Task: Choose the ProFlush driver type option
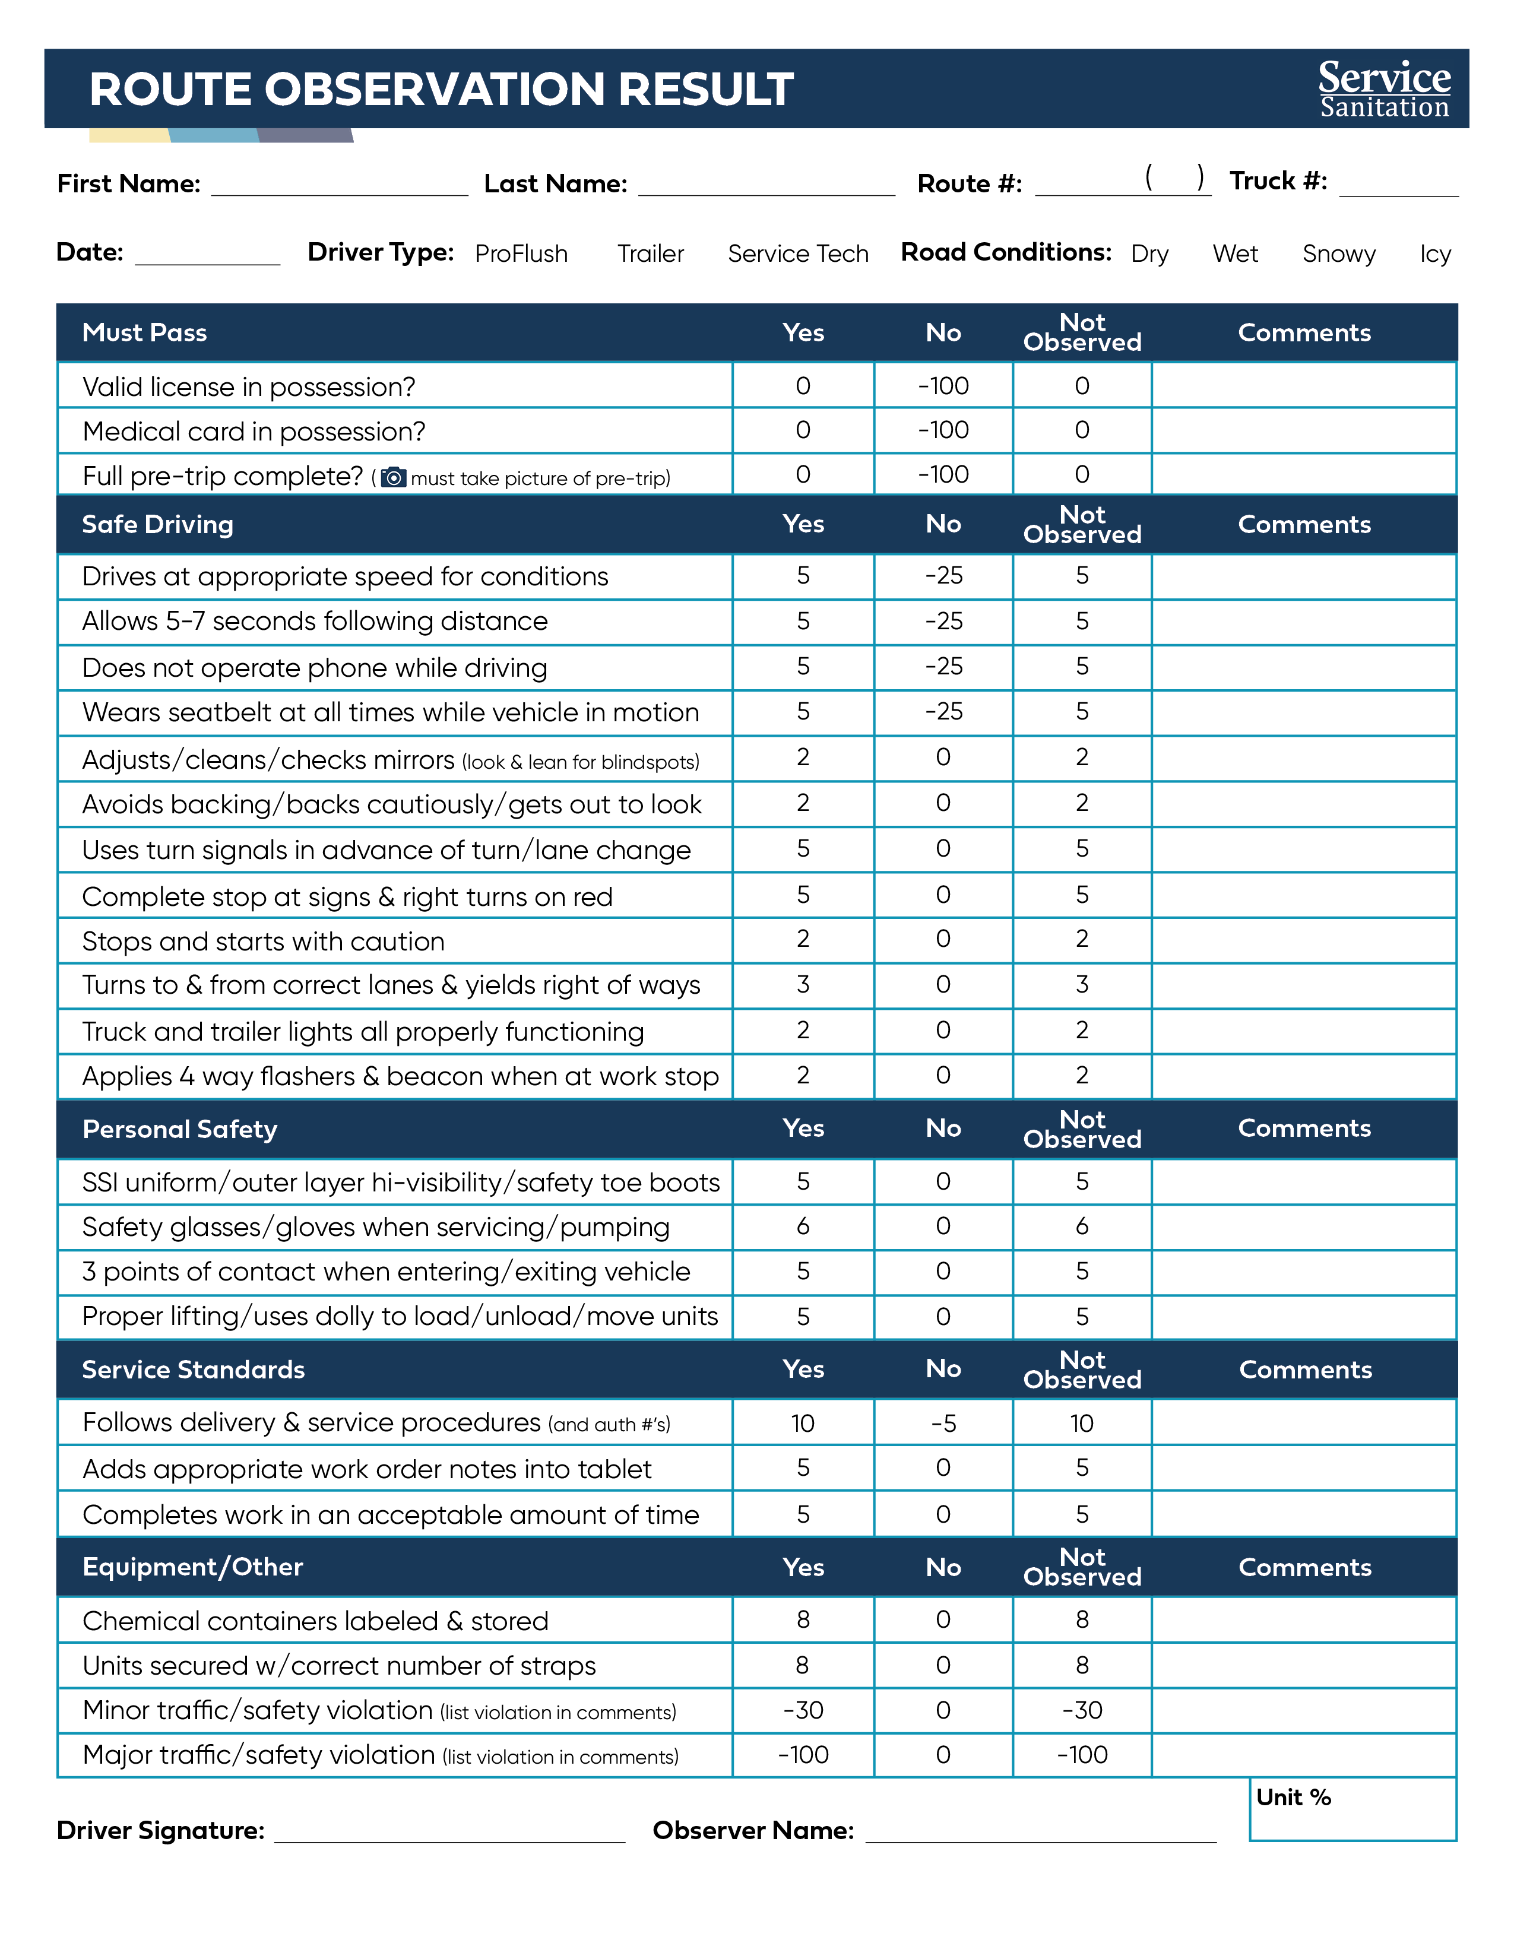[521, 254]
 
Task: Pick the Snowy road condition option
[1338, 254]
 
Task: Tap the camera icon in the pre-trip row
[393, 477]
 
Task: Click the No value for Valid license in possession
[943, 386]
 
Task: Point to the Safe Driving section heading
[158, 525]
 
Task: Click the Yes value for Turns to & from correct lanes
[803, 985]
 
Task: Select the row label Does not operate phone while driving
[314, 668]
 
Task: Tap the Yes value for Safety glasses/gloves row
[803, 1226]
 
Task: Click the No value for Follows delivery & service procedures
[943, 1424]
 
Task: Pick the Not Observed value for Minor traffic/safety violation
[1082, 1710]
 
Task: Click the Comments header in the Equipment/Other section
[1304, 1567]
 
